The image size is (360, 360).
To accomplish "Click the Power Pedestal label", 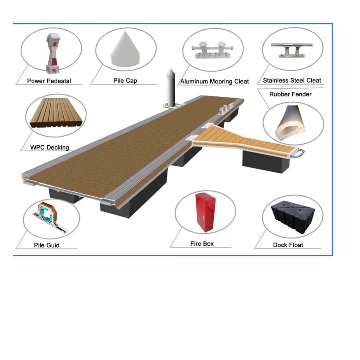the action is pyautogui.click(x=49, y=81).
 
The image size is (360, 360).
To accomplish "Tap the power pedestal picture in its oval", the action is pyautogui.click(x=53, y=53).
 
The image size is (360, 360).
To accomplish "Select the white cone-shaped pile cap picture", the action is pyautogui.click(x=125, y=49).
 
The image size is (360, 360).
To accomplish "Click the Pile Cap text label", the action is pyautogui.click(x=125, y=81).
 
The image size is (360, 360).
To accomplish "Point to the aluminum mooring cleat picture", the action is pyautogui.click(x=212, y=50).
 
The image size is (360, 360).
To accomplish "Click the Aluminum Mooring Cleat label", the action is pyautogui.click(x=214, y=82).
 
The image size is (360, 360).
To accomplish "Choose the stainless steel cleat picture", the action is pyautogui.click(x=292, y=50).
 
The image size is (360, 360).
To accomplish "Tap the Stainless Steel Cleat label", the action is pyautogui.click(x=292, y=80).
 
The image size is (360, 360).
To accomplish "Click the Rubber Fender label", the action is pyautogui.click(x=290, y=94).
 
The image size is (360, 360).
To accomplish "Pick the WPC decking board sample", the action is pyautogui.click(x=56, y=113).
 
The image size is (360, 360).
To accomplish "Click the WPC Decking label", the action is pyautogui.click(x=50, y=147).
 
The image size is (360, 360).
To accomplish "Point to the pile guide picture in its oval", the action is pyautogui.click(x=50, y=217).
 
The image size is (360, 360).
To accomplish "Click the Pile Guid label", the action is pyautogui.click(x=47, y=245).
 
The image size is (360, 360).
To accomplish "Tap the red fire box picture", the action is pyautogui.click(x=205, y=212).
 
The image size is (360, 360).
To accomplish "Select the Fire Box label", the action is pyautogui.click(x=202, y=244).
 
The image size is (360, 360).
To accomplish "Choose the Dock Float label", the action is pyautogui.click(x=288, y=245).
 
